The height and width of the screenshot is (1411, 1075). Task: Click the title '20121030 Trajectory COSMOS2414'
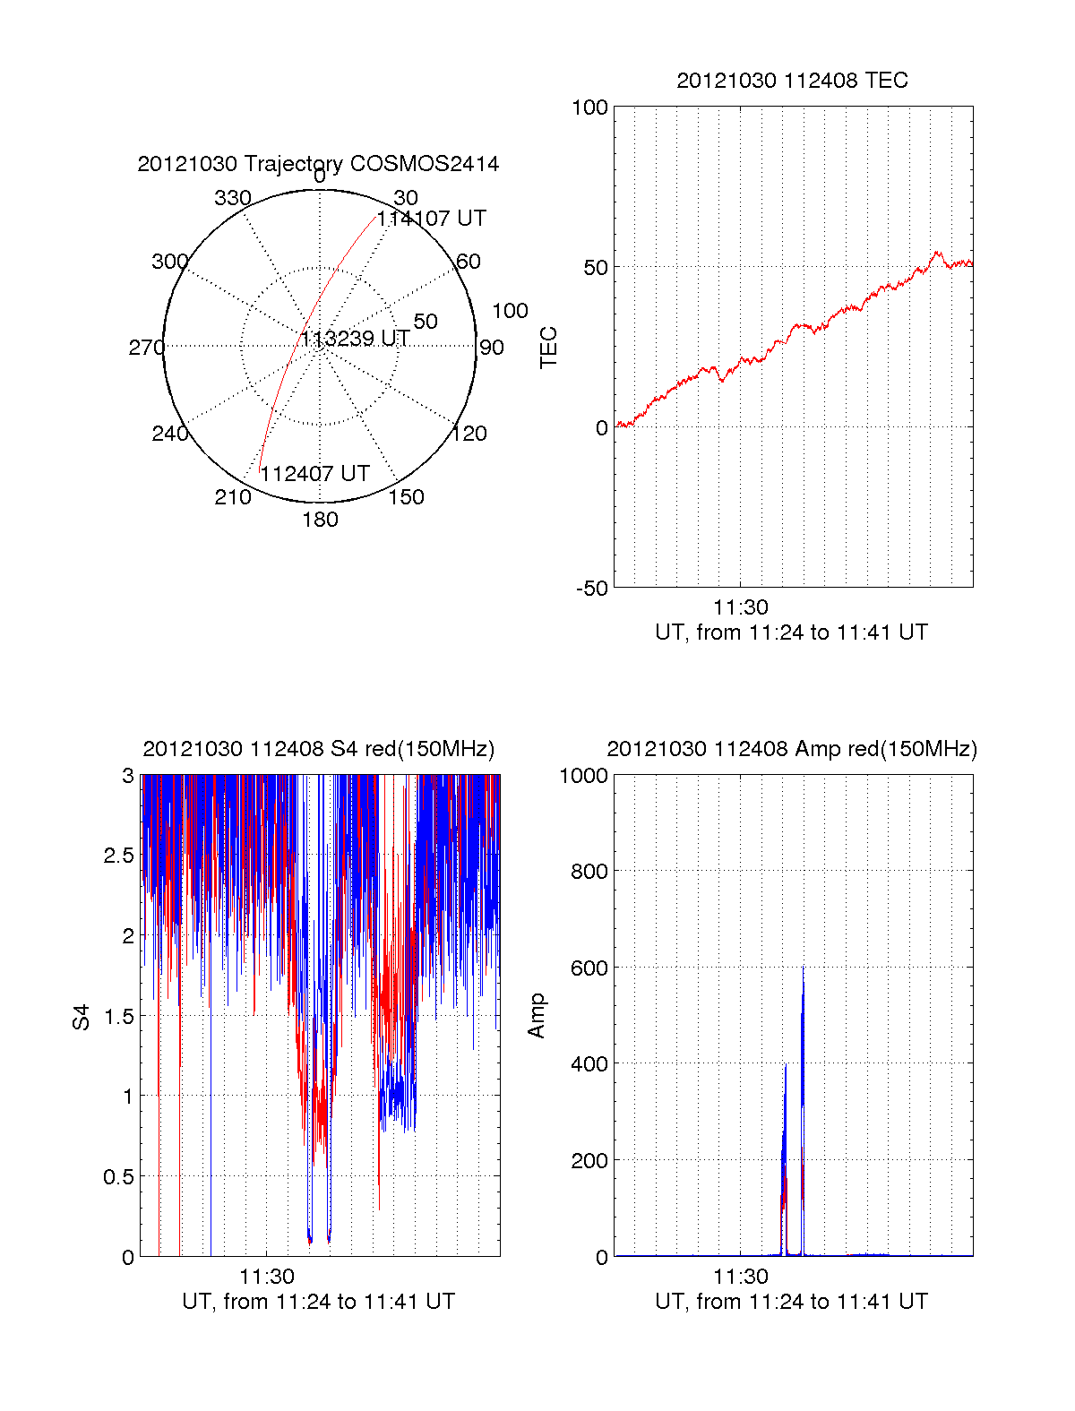coord(318,164)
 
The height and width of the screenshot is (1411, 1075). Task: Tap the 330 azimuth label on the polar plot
coord(232,198)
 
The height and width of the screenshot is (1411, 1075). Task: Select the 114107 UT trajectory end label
coord(431,219)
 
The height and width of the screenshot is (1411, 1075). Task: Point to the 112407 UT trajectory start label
coord(314,474)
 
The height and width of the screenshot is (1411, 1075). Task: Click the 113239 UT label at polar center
coord(355,339)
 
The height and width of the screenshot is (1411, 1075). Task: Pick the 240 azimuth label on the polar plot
coord(169,434)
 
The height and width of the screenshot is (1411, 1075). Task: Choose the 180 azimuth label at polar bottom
coord(320,520)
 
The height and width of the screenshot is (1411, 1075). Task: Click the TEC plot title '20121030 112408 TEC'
coord(792,81)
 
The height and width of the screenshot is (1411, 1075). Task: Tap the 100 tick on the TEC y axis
coord(589,108)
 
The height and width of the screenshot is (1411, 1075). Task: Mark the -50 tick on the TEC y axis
coord(591,589)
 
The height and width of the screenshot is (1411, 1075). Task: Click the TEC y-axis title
coord(548,348)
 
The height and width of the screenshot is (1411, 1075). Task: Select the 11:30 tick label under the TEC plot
coord(741,607)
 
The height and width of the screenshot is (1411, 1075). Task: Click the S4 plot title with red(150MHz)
coord(318,749)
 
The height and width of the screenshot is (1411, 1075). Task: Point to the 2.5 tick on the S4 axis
coord(119,856)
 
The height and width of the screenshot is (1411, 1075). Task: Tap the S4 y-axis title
coord(82,1017)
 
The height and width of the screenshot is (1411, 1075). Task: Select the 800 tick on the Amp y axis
coord(589,871)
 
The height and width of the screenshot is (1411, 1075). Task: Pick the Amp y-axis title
coord(537,1016)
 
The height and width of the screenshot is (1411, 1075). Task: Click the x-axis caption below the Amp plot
coord(791,1302)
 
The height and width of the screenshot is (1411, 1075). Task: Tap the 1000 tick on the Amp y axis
coord(583,776)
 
